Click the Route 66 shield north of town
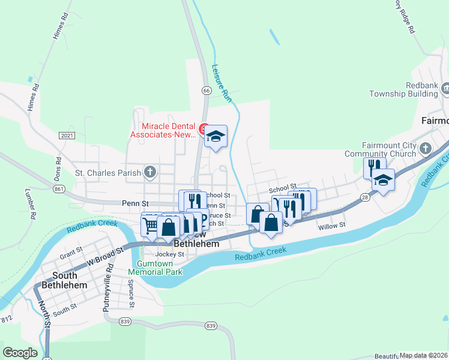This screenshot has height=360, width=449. [206, 91]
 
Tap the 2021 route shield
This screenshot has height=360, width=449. [67, 136]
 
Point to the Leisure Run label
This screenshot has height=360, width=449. [221, 82]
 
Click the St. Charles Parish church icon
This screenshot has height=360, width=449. [150, 173]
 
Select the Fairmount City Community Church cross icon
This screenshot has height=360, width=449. [426, 148]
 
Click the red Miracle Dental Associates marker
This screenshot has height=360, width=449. [204, 129]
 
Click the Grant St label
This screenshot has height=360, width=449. [71, 253]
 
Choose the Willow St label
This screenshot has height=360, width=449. [332, 226]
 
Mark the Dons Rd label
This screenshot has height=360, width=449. [59, 169]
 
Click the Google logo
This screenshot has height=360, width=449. [20, 353]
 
